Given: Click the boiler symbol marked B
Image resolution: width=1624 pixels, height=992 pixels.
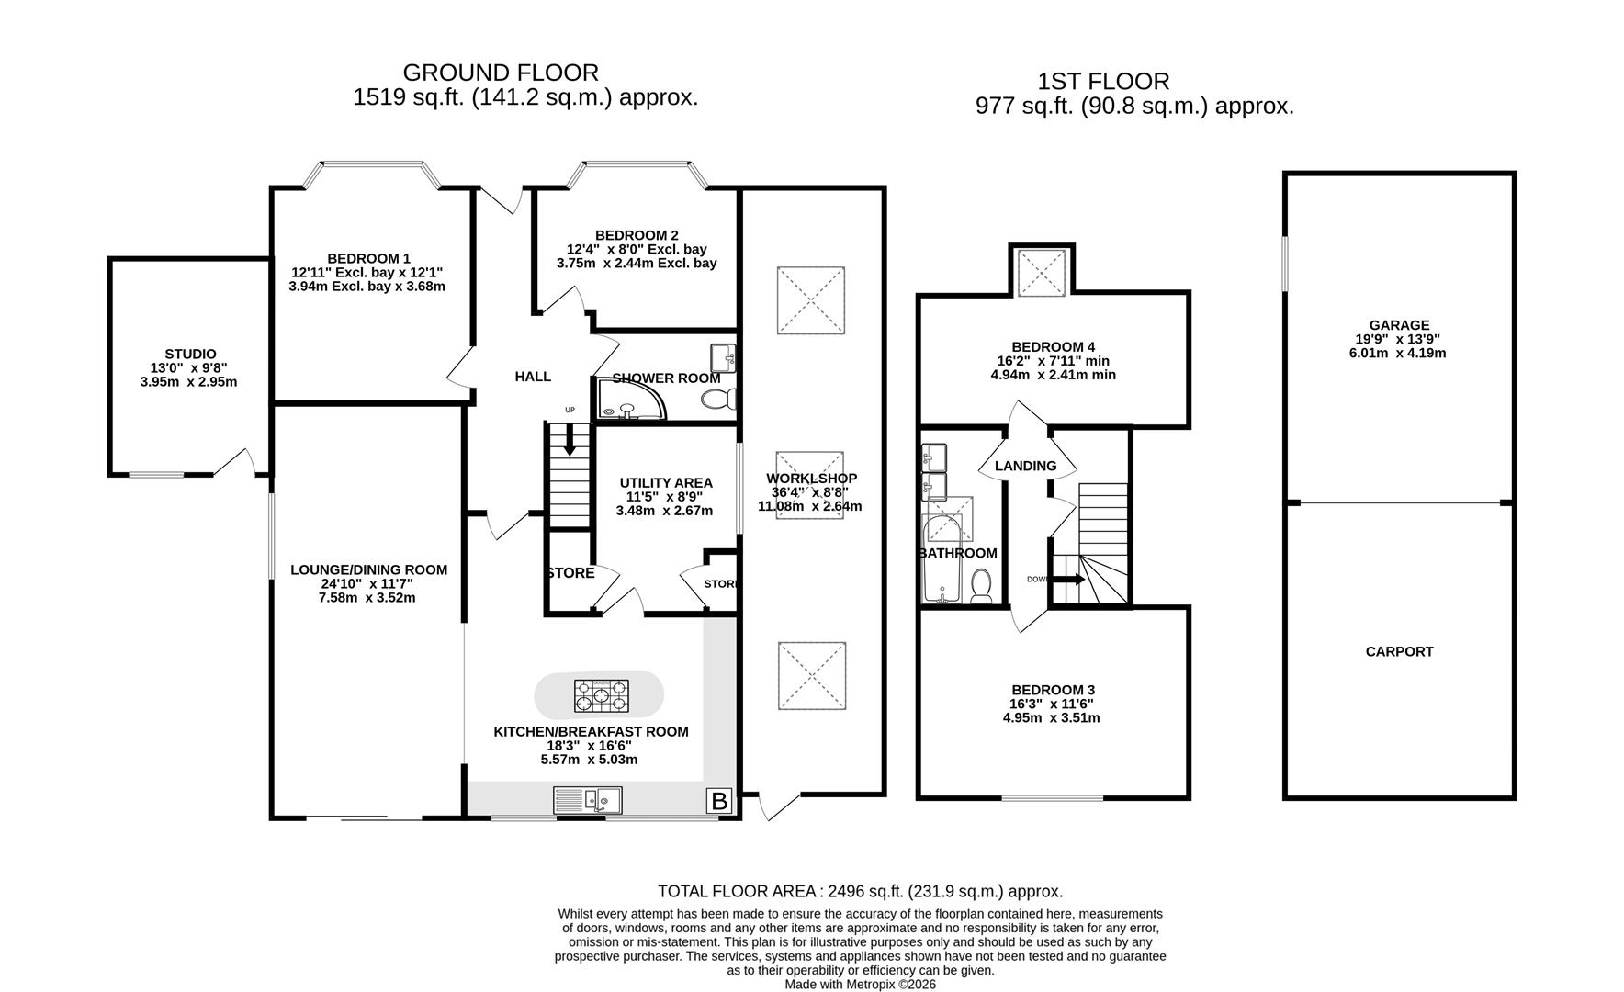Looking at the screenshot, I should (x=719, y=801).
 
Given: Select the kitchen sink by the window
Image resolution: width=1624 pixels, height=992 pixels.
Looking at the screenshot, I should (x=588, y=801).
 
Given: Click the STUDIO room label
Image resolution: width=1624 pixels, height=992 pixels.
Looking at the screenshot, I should (x=190, y=354).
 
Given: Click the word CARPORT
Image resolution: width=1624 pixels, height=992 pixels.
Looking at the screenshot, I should (x=1399, y=651).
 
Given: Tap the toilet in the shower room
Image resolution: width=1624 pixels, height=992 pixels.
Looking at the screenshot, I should (x=716, y=399).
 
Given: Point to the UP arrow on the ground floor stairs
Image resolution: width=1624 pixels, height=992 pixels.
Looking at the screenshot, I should (x=570, y=443).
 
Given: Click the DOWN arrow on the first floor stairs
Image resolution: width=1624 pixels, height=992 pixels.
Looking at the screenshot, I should (x=1066, y=580).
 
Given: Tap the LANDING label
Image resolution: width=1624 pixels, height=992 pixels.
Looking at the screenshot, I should (x=1025, y=466).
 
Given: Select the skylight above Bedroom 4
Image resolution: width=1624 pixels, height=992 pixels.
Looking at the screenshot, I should (x=1041, y=271).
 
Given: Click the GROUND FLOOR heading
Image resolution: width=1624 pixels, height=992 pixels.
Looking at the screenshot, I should (x=501, y=73).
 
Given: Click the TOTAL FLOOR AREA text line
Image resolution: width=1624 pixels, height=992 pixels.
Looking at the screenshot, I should (x=860, y=891).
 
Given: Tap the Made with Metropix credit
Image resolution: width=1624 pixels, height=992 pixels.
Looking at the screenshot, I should (x=860, y=984).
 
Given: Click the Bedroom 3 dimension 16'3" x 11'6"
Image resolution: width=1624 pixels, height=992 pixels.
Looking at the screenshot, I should (x=1052, y=704).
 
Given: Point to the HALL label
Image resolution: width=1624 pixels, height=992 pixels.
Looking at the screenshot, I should (x=533, y=376).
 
